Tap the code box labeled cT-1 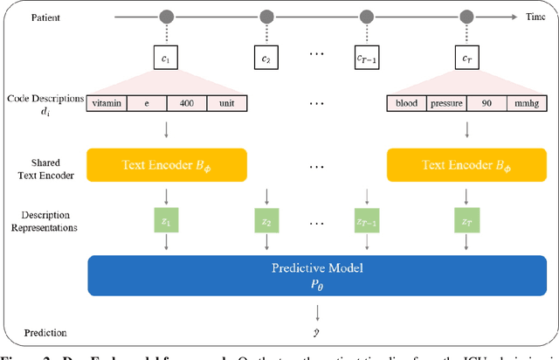pos(366,59)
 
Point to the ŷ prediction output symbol pos(315,333)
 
